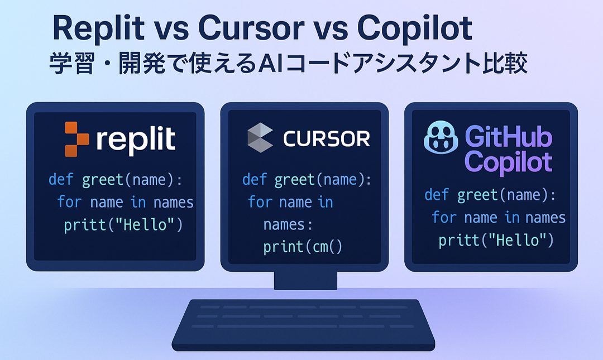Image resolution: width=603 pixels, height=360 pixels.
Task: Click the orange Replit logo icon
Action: (x=76, y=138)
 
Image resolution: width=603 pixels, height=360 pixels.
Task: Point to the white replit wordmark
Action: (x=136, y=140)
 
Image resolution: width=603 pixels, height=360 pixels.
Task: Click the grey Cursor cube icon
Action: (x=260, y=137)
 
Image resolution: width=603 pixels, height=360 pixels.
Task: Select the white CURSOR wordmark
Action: (x=327, y=138)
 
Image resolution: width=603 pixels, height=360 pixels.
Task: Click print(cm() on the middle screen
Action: (x=303, y=246)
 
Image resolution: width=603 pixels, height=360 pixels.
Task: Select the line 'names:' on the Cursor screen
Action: (x=288, y=224)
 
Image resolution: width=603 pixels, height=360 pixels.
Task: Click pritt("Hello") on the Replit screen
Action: (x=123, y=225)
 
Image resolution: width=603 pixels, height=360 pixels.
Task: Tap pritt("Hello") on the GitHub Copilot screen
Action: (x=496, y=240)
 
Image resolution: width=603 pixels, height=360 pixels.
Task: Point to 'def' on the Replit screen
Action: (x=60, y=180)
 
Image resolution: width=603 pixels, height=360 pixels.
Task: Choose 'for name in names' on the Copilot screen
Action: (x=499, y=217)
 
